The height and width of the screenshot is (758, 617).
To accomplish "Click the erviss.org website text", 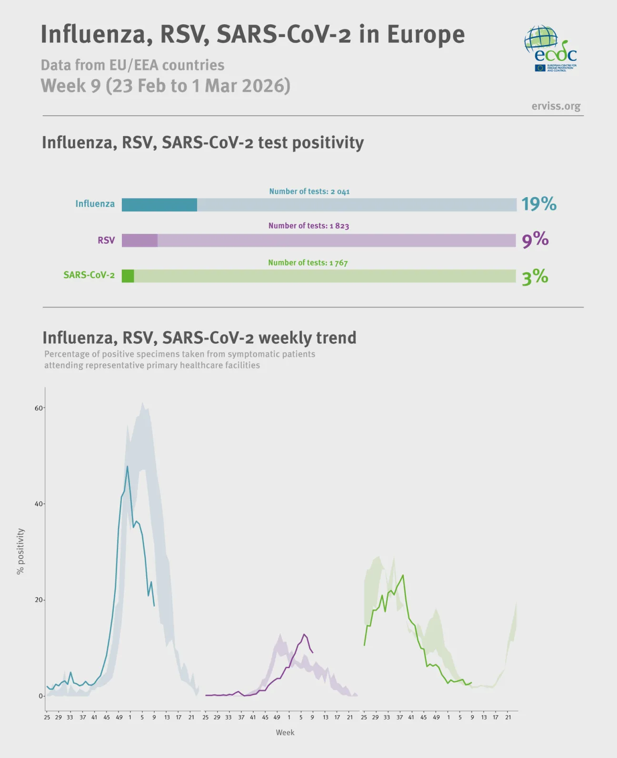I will click(x=556, y=106).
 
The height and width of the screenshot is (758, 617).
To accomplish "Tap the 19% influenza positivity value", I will click(x=538, y=204).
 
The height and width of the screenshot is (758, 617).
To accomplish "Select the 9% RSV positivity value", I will click(x=535, y=239).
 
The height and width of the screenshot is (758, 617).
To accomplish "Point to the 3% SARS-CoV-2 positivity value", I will click(x=535, y=277).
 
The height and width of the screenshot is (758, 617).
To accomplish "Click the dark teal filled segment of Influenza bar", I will click(x=159, y=205).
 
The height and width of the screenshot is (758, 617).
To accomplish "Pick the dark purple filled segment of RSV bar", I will click(x=139, y=240).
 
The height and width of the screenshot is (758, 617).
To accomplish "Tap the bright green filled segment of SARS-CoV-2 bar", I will click(x=128, y=276).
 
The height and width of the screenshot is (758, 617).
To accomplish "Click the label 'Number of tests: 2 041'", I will click(x=309, y=191).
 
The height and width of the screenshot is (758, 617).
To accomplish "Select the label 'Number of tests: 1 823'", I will click(x=308, y=226).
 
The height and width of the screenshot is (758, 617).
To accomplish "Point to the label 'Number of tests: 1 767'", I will click(x=308, y=263).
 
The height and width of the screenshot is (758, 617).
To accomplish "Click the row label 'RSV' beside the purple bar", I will click(x=106, y=240).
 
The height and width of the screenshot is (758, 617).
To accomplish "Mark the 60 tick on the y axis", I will click(x=39, y=408).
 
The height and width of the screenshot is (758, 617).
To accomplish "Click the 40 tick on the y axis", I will click(x=39, y=504).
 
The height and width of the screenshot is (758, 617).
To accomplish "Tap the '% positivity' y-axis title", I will click(x=20, y=551).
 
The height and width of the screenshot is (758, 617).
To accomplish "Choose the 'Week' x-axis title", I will click(x=285, y=732).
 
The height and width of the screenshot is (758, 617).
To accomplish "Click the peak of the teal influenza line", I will click(x=127, y=467).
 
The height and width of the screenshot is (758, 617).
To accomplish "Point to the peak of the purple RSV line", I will click(x=304, y=634).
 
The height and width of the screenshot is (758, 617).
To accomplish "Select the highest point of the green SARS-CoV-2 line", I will click(x=403, y=575).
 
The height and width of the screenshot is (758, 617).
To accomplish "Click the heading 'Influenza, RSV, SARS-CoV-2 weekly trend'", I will click(x=199, y=338).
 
